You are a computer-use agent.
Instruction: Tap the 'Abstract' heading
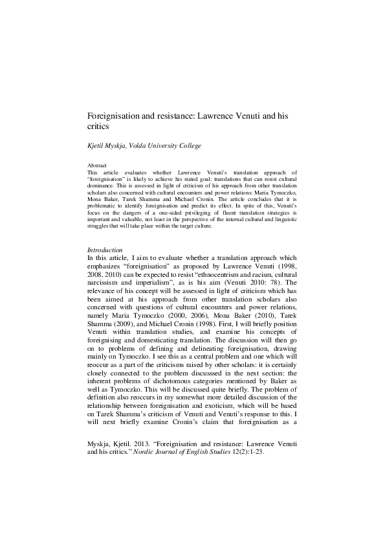coord(97,166)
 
